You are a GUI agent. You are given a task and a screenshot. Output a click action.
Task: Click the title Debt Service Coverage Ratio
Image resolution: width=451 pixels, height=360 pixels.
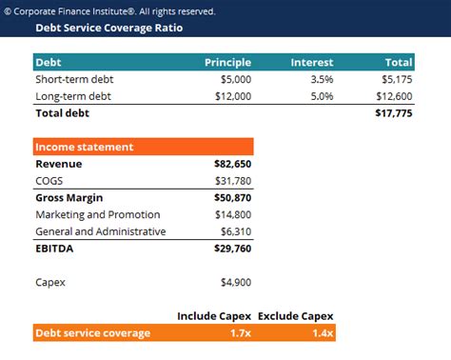[108, 29]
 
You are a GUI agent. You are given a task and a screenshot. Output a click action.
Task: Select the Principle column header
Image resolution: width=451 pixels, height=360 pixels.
[227, 62]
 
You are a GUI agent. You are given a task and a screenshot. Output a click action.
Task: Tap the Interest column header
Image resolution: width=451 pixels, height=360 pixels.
[311, 62]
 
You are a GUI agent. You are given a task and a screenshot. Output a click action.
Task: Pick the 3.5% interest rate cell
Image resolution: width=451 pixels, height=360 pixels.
[322, 79]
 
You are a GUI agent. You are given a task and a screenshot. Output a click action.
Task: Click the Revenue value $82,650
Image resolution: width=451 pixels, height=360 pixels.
[233, 164]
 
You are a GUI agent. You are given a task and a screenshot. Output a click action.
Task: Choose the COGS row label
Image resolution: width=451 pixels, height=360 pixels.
[49, 181]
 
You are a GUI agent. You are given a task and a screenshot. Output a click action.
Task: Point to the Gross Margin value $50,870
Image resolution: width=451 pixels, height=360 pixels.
[233, 198]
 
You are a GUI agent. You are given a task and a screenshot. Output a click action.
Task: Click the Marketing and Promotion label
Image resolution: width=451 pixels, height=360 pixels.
[97, 215]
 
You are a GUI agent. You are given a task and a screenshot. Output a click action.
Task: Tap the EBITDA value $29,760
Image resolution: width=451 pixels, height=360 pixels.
[233, 249]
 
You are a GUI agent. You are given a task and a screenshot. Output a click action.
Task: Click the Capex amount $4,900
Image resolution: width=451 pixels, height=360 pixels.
[236, 283]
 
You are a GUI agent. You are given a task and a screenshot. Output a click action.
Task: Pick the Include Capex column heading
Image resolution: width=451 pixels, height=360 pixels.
[215, 316]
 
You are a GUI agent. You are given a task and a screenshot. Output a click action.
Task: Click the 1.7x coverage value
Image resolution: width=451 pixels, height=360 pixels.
[240, 333]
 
